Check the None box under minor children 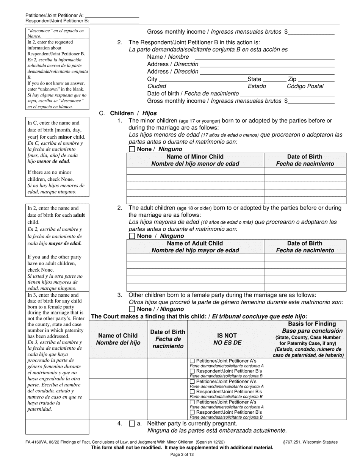pyautogui.click(x=132, y=149)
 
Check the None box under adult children pyautogui.click(x=132, y=236)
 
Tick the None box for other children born pyautogui.click(x=132, y=309)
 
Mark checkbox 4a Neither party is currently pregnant pyautogui.click(x=132, y=424)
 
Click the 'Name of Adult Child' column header pyautogui.click(x=195, y=247)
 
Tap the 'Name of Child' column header pyautogui.click(x=118, y=339)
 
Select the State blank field pyautogui.click(x=274, y=80)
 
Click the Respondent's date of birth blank pyautogui.click(x=288, y=94)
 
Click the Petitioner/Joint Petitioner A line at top pyautogui.click(x=114, y=16)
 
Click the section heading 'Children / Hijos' pyautogui.click(x=133, y=113)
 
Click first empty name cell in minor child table pyautogui.click(x=195, y=171)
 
